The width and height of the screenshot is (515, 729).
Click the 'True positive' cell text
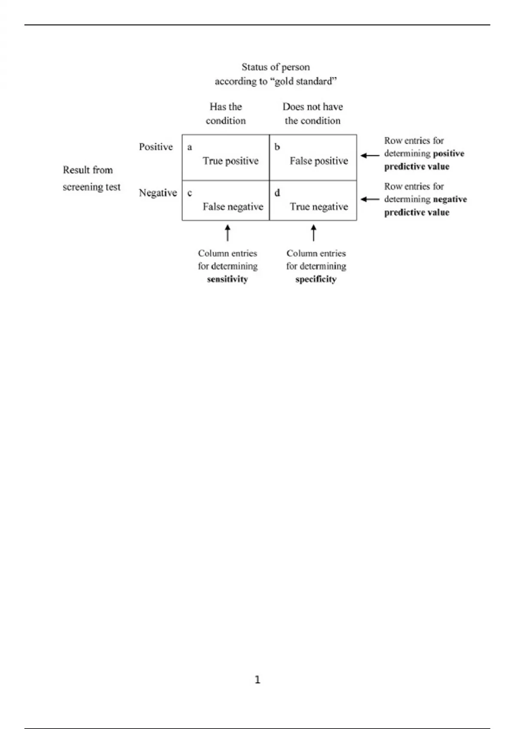coord(230,161)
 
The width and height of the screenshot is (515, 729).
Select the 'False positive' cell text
coord(318,161)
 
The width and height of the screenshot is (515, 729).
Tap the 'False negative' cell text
coord(233,207)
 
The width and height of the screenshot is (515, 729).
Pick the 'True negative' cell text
coord(318,207)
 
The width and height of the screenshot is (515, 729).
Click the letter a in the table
coord(190,148)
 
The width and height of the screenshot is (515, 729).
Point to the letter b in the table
coord(277,147)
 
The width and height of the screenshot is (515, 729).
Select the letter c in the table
coord(190,193)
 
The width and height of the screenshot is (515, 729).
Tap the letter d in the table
coord(277,193)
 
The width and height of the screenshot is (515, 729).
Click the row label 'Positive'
coord(156,147)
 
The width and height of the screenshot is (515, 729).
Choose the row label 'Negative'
coord(158,193)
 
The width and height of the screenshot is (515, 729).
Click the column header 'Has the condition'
coord(225,114)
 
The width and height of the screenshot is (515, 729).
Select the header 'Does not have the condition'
coord(312,114)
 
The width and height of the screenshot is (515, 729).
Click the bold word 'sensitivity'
coord(227,279)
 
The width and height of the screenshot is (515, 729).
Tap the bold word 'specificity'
coord(315,279)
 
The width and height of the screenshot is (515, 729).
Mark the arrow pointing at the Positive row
coord(370,156)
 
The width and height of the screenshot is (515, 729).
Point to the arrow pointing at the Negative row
coord(370,199)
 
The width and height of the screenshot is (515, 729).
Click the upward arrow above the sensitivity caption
coord(228,233)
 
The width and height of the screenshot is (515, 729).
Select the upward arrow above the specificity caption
coord(313,233)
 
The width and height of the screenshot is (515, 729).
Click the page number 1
coord(257,680)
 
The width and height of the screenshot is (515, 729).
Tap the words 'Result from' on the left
coord(88,170)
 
